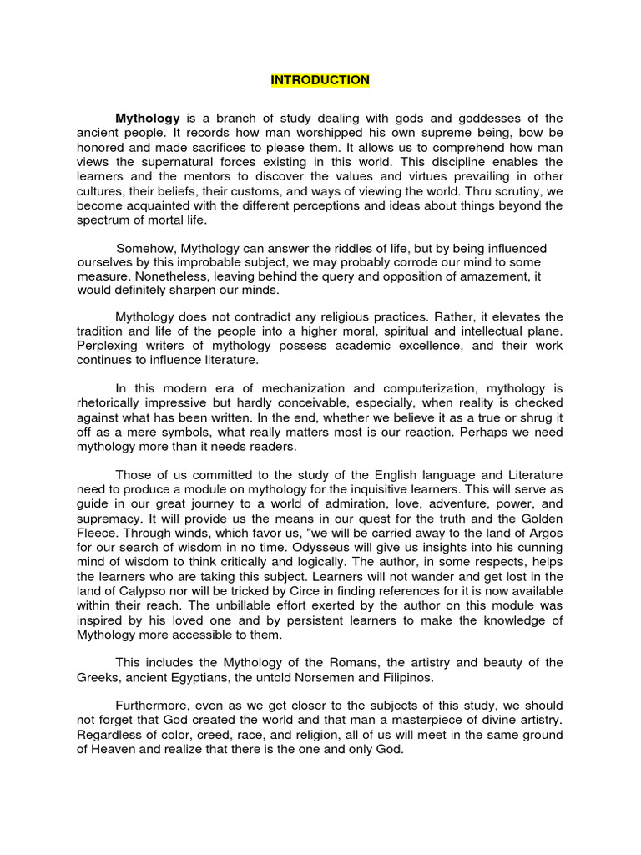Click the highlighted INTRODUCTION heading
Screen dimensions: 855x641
320,80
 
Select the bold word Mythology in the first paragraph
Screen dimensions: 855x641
147,119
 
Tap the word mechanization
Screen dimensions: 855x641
316,388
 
